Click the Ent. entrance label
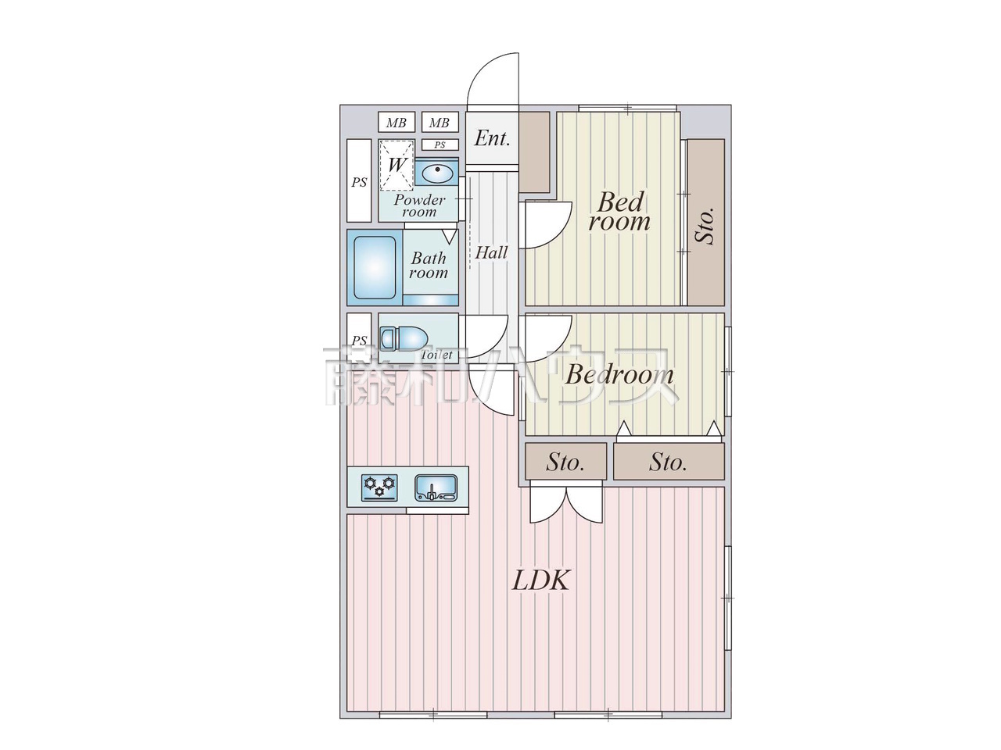point(493,139)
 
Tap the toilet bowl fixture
point(404,338)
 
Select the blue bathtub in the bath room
point(375,267)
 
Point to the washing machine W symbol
point(396,165)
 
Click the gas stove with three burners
point(379,487)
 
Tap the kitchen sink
point(434,487)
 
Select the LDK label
point(541,580)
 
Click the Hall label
point(491,252)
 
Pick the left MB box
point(396,123)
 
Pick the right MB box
point(440,123)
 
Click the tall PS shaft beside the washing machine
point(359,181)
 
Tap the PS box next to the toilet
point(359,340)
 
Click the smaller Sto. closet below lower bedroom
point(565,462)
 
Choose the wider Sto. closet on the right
point(669,462)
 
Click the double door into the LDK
point(567,503)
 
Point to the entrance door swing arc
point(493,78)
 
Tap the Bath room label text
point(429,265)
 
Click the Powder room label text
point(419,205)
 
